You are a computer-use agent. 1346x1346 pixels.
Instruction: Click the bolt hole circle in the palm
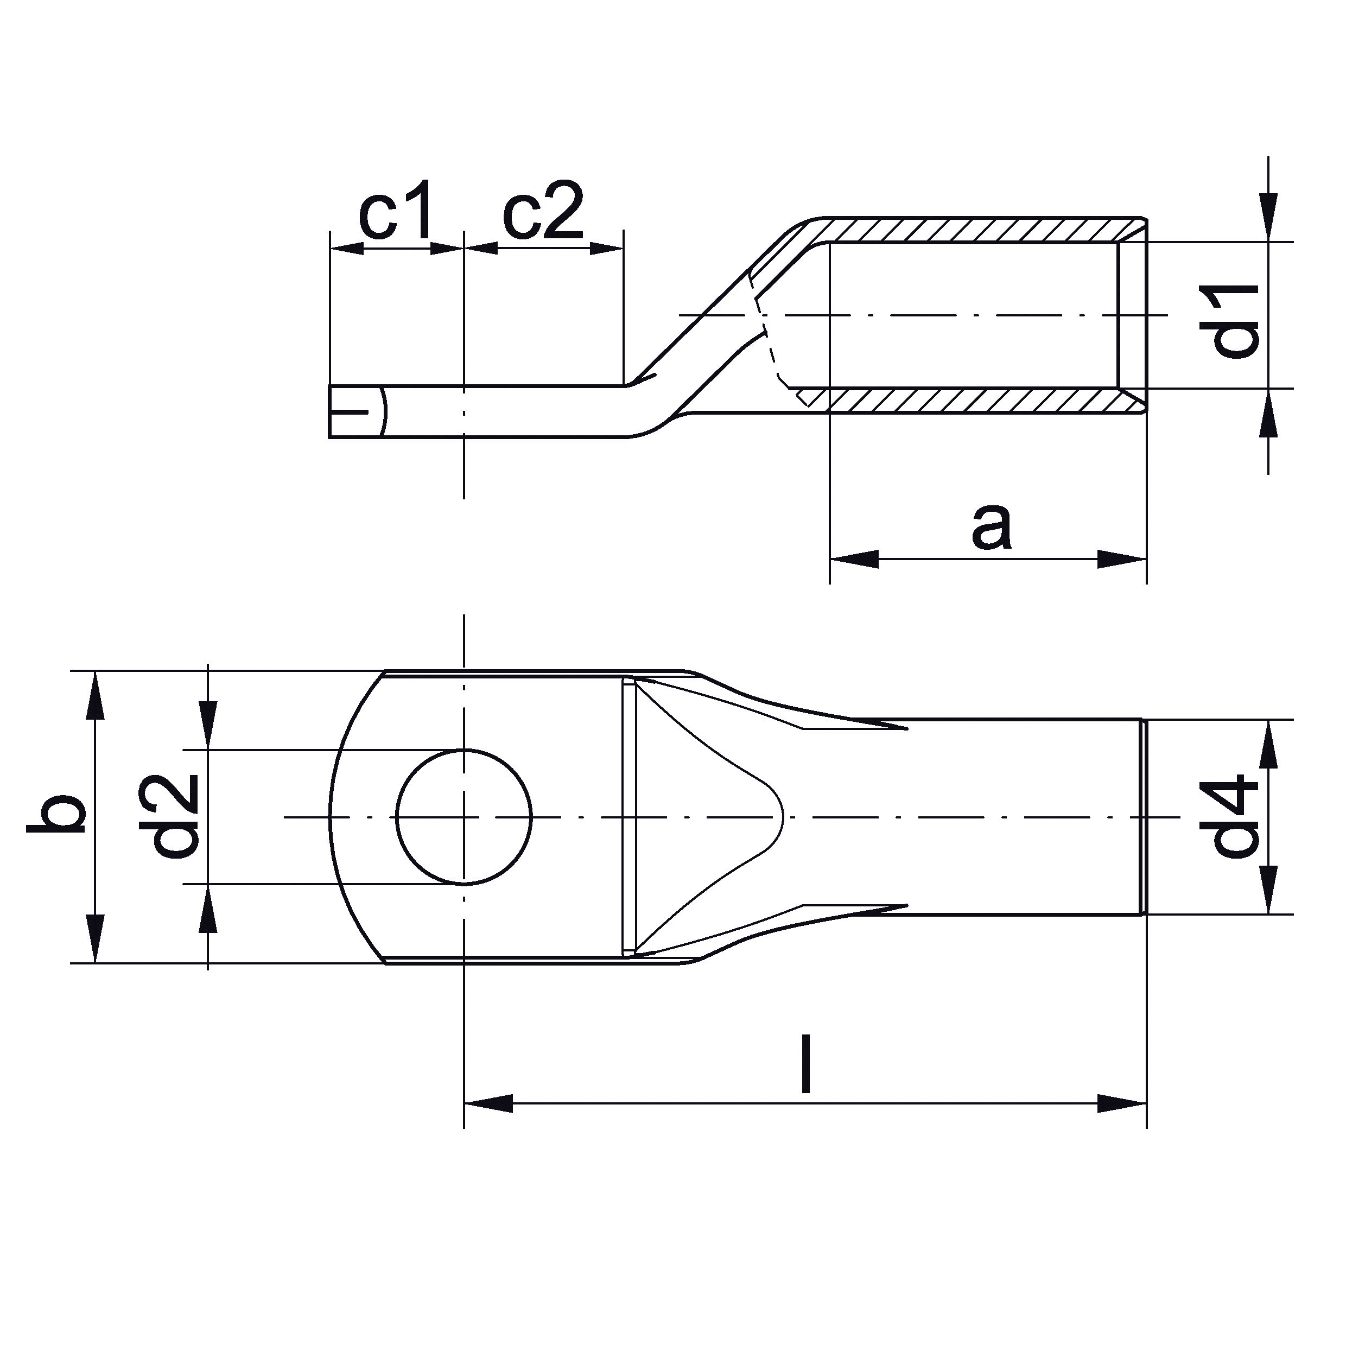(x=464, y=750)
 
